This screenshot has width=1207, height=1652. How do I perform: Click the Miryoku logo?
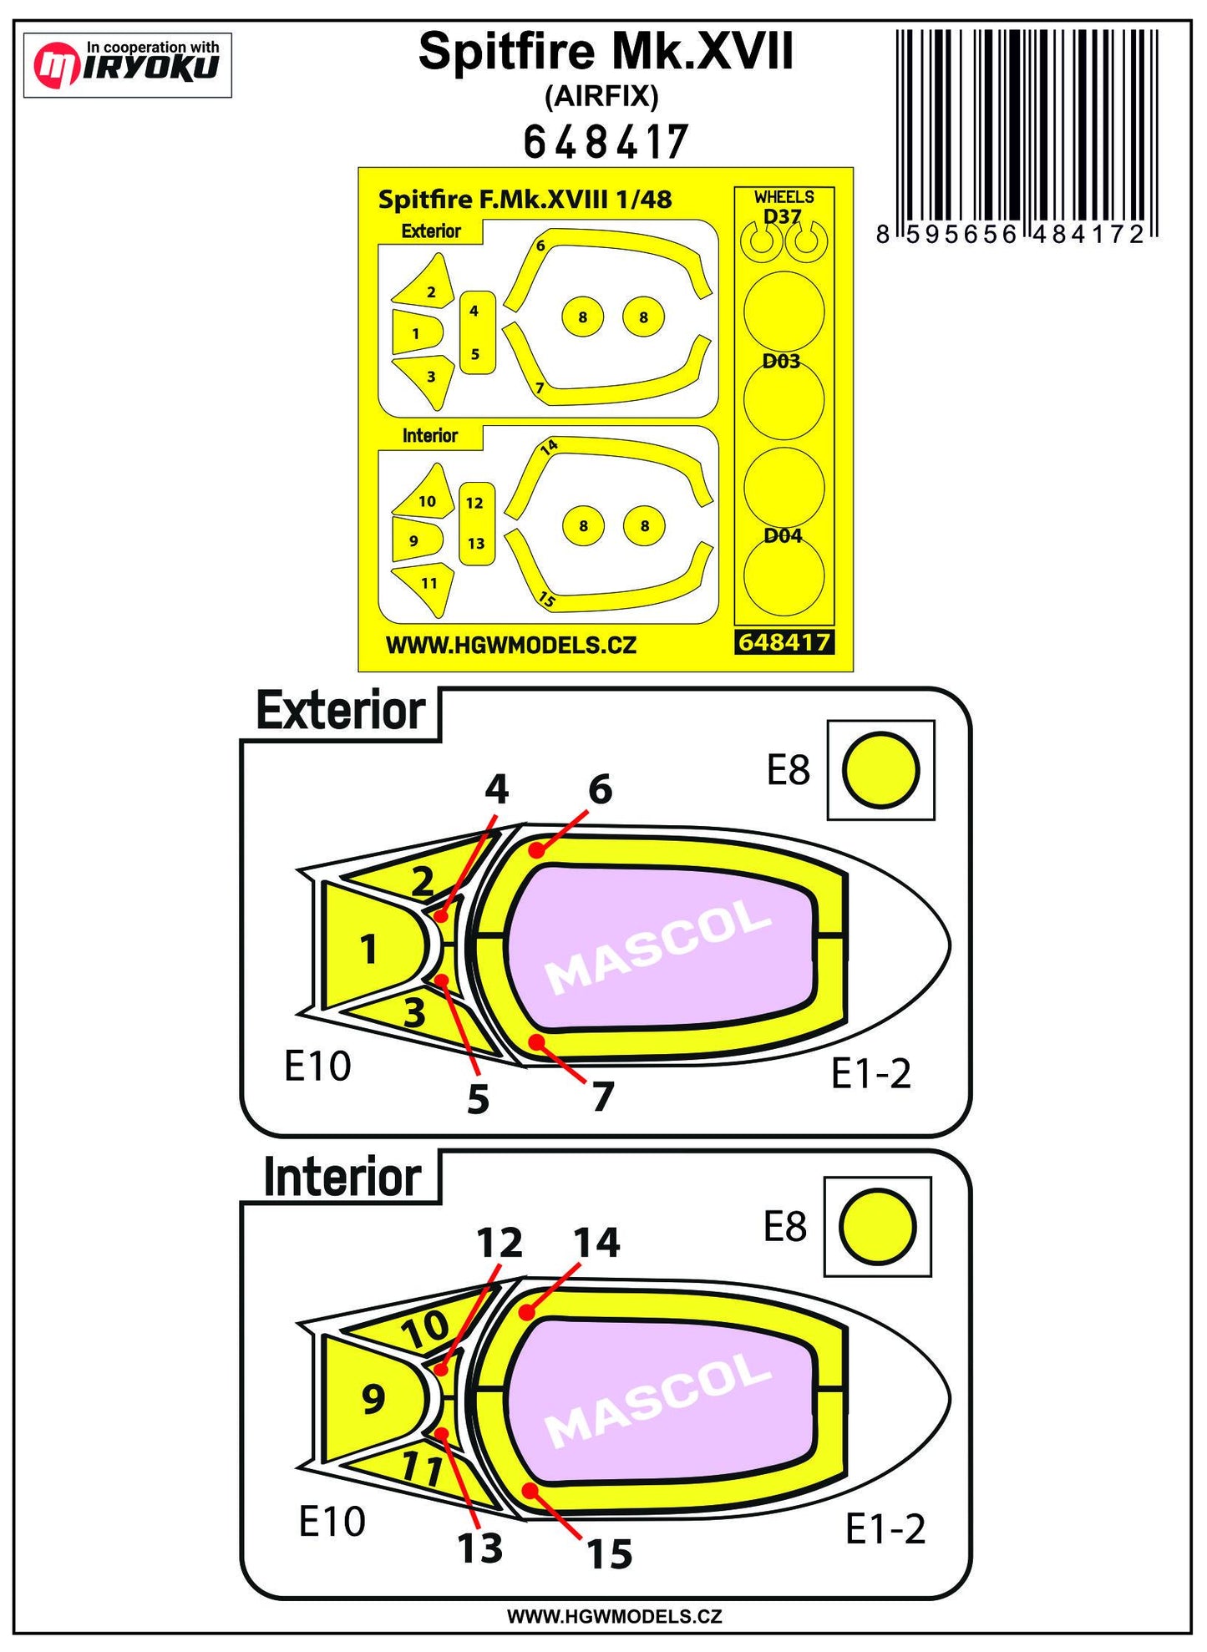127,64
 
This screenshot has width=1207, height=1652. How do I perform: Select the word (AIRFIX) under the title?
601,97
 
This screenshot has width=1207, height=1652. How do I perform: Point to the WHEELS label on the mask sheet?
784,197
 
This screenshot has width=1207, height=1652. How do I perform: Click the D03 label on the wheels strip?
781,361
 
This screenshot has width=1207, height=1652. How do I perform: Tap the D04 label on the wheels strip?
783,535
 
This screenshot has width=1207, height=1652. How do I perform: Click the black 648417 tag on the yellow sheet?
784,641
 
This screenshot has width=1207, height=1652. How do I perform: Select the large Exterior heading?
341,712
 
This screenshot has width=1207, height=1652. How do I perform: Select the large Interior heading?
342,1178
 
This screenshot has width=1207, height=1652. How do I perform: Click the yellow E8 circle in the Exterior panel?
880,770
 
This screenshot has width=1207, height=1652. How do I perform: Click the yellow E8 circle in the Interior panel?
877,1227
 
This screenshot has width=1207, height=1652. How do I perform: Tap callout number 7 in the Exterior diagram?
602,1097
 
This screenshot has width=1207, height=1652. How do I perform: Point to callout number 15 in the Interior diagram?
609,1553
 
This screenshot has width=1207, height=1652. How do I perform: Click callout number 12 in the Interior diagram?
500,1243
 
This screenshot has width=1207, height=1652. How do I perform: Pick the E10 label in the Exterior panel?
317,1066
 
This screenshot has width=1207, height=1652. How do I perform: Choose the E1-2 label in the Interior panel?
885,1529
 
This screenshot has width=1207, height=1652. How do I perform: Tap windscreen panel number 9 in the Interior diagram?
373,1398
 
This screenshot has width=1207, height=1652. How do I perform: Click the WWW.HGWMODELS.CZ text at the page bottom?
614,1616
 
